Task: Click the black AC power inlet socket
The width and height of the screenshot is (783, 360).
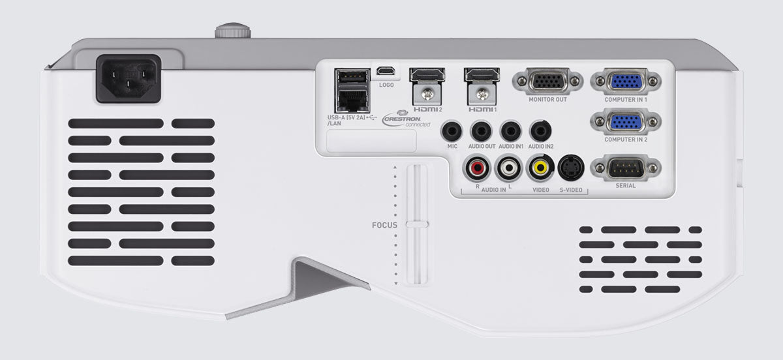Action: tap(129, 79)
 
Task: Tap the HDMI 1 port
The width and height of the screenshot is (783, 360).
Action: tap(482, 75)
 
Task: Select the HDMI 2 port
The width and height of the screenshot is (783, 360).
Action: tap(427, 75)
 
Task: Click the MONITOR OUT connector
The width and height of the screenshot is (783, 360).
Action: tap(547, 82)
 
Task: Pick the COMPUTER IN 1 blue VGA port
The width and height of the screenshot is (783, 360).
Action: tap(626, 82)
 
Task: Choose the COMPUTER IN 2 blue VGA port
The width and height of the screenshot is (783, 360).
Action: tap(626, 122)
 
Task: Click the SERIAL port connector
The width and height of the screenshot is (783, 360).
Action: tap(626, 168)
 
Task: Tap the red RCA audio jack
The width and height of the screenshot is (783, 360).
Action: tap(477, 168)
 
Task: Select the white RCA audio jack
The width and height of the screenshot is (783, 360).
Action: tap(508, 168)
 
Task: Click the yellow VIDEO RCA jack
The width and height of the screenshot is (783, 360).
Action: tap(540, 168)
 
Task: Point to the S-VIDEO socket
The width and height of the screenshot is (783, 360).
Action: tap(571, 168)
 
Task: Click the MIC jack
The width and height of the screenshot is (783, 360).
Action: tap(452, 131)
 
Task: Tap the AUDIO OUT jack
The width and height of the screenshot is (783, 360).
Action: tap(482, 131)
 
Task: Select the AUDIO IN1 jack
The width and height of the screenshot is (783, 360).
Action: tap(511, 131)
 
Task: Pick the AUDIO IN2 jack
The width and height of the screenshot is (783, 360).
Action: tap(540, 131)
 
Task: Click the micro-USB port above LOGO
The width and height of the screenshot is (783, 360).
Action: tap(386, 71)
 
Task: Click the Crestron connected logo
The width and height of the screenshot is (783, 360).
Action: tap(406, 119)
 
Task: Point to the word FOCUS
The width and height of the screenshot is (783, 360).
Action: tap(384, 225)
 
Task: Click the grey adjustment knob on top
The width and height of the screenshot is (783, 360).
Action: tap(233, 31)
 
